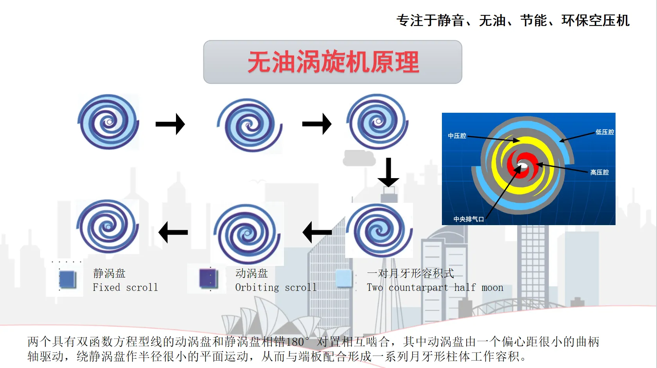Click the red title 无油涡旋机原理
coord(333,62)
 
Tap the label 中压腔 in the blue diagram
coord(457,136)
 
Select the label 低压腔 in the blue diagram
coord(605,132)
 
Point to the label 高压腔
coord(600,172)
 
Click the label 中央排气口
coord(469,219)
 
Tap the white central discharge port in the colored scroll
coord(522,164)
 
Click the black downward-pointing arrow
coord(388,172)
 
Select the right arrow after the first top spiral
coord(170,124)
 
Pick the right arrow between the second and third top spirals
coord(317,124)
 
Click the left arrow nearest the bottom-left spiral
coord(173,232)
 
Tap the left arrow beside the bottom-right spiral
coord(317,232)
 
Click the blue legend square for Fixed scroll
coord(68,279)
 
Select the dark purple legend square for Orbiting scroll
coord(208,278)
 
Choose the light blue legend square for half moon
coord(343,278)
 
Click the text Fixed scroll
coord(125,287)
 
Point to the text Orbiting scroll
coord(276,287)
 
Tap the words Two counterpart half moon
coord(435,287)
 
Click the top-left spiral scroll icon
coord(108,122)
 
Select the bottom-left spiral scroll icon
coord(108,226)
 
